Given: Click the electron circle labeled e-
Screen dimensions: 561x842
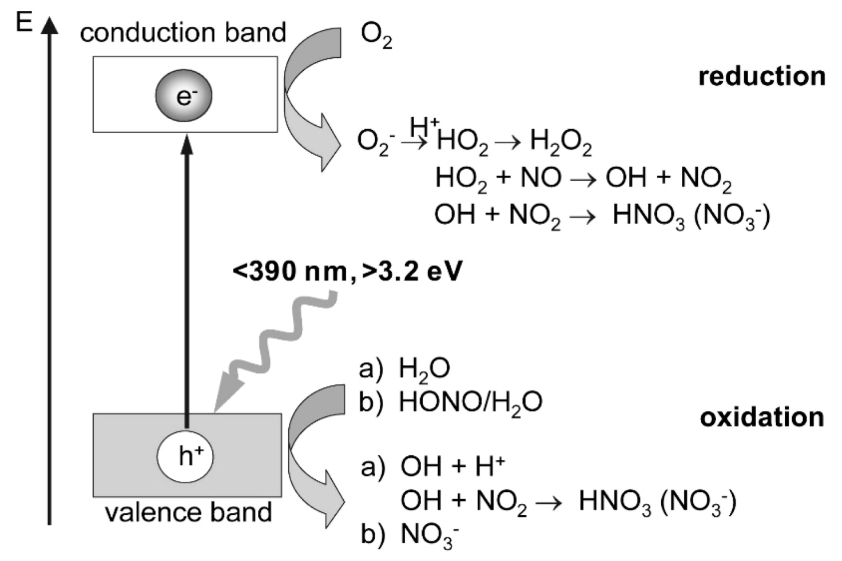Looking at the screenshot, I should [184, 96].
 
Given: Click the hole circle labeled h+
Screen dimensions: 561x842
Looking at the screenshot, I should [185, 456].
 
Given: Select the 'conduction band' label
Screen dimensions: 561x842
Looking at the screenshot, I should [183, 33].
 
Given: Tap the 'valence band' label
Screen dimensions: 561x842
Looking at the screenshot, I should [188, 512].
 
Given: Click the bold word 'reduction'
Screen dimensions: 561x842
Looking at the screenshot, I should [761, 76].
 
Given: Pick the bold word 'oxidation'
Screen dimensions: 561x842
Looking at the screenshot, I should [761, 417].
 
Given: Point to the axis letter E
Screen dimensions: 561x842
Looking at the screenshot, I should [24, 23].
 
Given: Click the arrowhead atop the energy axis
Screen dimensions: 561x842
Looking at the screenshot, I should [50, 26].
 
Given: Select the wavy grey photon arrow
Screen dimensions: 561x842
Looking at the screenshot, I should [275, 343].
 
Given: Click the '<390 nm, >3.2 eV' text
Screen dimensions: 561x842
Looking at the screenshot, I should [347, 271].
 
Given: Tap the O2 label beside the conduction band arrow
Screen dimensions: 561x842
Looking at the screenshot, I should [376, 35].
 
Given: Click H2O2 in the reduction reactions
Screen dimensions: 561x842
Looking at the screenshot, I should [561, 141].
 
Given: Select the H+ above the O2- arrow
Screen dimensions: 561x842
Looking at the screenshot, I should [424, 126].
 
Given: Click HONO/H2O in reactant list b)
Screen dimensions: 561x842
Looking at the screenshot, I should [470, 403].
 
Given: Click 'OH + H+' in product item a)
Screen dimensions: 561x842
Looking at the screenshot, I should [452, 467].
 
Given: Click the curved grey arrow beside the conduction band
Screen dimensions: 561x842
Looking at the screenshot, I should [309, 97].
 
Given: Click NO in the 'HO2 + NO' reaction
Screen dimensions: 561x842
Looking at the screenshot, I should [541, 178].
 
